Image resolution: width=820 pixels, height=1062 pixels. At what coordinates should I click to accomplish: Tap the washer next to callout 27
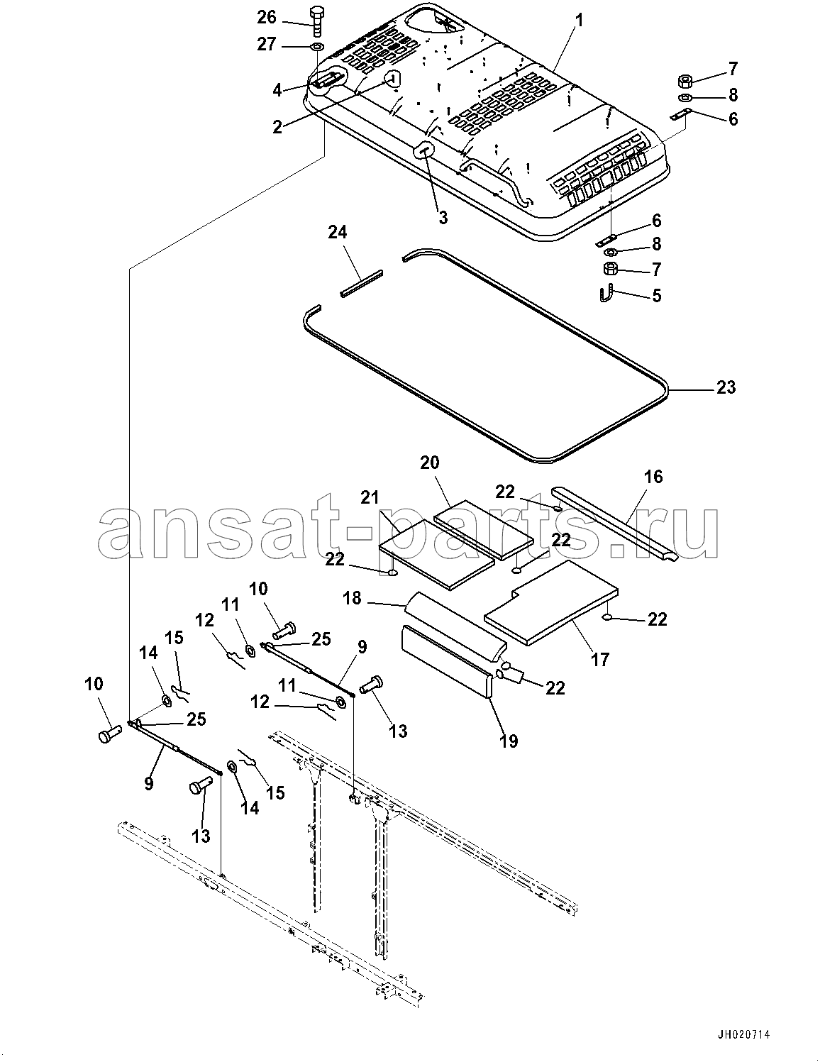click(316, 47)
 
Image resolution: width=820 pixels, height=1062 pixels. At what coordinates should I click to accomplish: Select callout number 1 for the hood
click(580, 21)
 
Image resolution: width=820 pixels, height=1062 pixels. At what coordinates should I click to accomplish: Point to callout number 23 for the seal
click(726, 388)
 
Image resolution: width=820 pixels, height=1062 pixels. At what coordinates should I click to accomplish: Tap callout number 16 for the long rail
click(653, 477)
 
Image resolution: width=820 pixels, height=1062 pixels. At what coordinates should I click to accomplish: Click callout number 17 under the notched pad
click(599, 659)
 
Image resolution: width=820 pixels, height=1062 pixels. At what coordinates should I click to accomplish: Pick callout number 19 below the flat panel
click(508, 741)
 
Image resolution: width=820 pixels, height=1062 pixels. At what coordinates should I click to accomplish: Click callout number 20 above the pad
click(449, 463)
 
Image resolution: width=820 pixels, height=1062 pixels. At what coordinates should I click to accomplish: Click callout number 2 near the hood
click(277, 127)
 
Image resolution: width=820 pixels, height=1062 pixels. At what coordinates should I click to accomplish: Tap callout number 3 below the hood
click(443, 218)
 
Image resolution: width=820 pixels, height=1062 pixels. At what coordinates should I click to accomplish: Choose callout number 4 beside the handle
click(277, 89)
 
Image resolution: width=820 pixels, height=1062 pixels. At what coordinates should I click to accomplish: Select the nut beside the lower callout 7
click(611, 269)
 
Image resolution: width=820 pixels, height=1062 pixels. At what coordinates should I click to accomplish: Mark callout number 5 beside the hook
click(656, 295)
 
